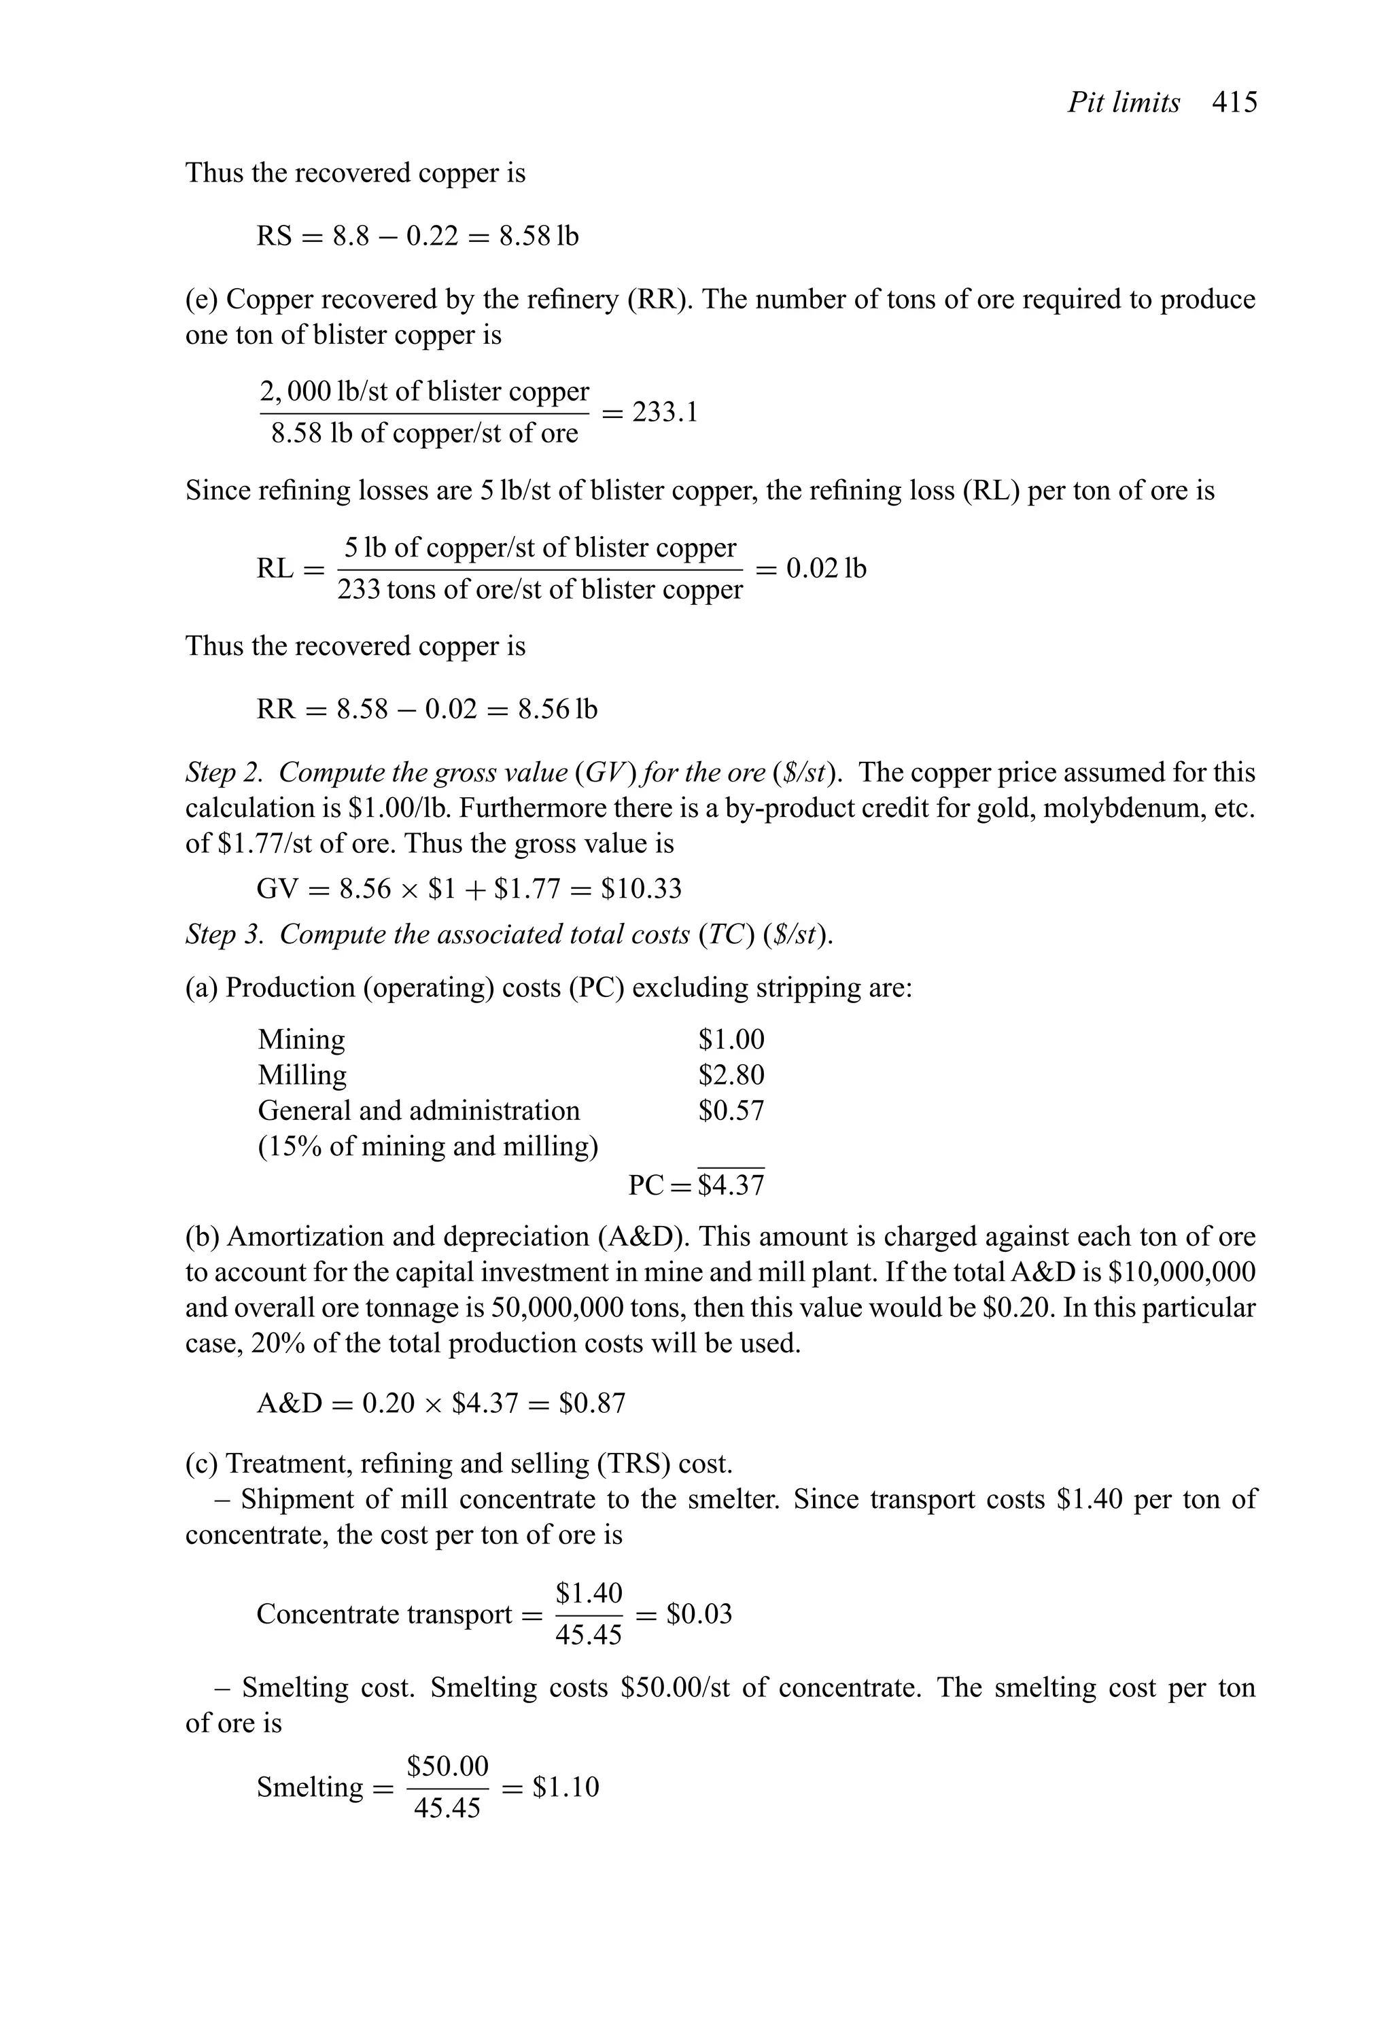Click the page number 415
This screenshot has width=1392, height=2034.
click(x=1234, y=103)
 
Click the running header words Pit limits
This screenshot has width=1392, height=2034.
click(x=1124, y=103)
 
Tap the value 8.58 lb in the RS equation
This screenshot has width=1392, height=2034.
click(x=538, y=236)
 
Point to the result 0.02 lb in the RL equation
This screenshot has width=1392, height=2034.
click(x=826, y=569)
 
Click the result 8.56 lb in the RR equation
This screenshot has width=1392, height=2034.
click(x=557, y=709)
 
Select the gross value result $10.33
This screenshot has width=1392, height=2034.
click(x=641, y=889)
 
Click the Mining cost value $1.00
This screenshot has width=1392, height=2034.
click(x=731, y=1040)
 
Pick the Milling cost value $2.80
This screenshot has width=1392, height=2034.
click(x=731, y=1074)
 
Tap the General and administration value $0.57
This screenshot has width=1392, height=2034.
click(x=731, y=1110)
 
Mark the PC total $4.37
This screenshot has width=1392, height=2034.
click(x=731, y=1186)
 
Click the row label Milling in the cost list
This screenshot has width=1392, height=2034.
click(x=302, y=1074)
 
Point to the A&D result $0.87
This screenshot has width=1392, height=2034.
click(x=593, y=1404)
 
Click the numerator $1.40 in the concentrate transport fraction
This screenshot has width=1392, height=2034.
click(x=589, y=1593)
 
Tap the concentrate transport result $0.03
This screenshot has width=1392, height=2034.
click(x=699, y=1614)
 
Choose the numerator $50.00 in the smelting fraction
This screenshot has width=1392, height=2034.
click(x=447, y=1766)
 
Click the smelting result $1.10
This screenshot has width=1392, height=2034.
click(x=565, y=1787)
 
